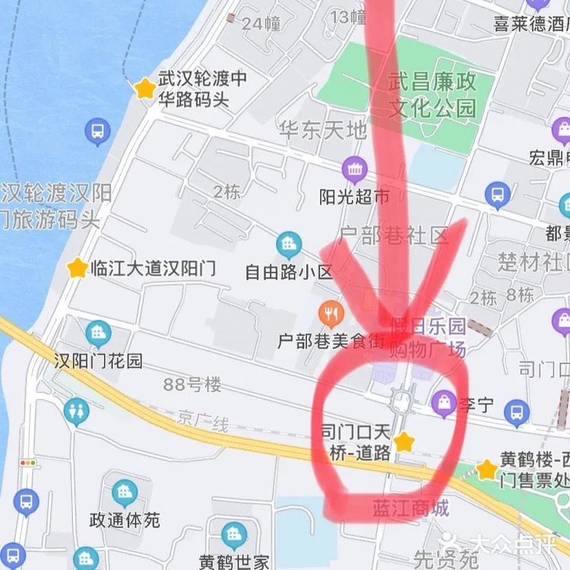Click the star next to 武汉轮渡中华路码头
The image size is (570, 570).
(144, 88)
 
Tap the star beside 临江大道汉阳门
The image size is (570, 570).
(77, 268)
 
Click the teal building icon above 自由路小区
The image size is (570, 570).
(289, 244)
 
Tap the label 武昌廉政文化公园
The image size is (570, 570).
(432, 95)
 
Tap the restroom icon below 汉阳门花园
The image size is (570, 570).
(76, 412)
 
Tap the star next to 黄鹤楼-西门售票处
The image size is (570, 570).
(487, 470)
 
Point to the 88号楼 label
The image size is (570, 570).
(192, 385)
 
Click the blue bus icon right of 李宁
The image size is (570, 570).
(517, 413)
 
